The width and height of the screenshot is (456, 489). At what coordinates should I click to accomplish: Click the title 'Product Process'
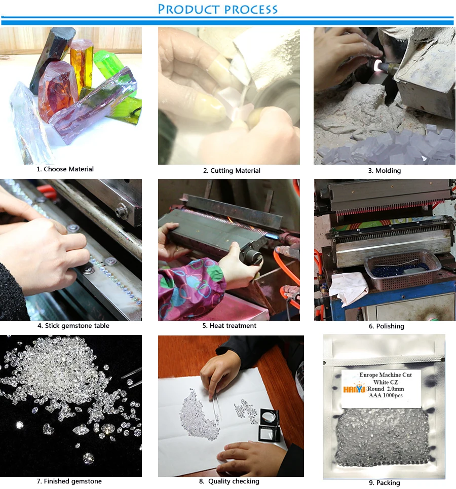point(217,9)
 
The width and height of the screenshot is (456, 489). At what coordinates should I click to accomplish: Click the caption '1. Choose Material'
point(65,169)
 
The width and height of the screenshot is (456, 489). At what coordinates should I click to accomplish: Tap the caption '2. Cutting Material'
point(232,171)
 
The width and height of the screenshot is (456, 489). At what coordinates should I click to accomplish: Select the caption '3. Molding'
point(384,171)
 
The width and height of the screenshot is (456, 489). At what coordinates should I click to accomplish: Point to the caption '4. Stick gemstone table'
point(73,326)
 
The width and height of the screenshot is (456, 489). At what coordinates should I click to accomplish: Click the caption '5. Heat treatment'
point(229,326)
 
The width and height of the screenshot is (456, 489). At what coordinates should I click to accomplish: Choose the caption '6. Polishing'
point(386,326)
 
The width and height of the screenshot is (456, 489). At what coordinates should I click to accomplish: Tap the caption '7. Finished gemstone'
point(69,481)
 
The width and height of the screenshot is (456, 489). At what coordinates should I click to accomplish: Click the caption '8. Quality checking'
point(229,481)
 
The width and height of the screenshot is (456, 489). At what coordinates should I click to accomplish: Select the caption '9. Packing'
point(384,483)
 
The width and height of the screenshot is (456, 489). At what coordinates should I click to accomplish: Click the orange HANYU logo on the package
point(354,389)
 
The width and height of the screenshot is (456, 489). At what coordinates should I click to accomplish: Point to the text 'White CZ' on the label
point(386,382)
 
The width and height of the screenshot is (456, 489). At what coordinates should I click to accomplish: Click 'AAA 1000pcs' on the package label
point(386,395)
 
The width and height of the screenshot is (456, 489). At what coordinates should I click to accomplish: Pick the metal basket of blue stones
point(402,270)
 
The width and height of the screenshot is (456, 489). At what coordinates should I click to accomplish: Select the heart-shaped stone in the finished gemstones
point(48,429)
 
